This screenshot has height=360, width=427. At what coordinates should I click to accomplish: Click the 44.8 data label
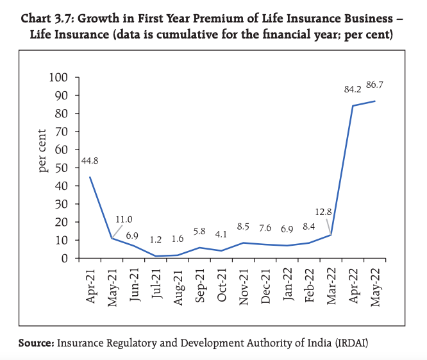(90, 161)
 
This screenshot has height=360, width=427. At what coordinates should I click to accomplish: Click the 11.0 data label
(124, 219)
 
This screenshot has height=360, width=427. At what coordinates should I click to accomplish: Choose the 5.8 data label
(199, 231)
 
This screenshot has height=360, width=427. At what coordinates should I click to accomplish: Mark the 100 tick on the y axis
(58, 78)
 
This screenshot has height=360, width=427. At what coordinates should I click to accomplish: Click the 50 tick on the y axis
(62, 168)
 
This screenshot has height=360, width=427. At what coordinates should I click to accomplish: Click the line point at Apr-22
(353, 106)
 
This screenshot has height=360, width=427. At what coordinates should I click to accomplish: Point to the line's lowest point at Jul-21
(156, 256)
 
